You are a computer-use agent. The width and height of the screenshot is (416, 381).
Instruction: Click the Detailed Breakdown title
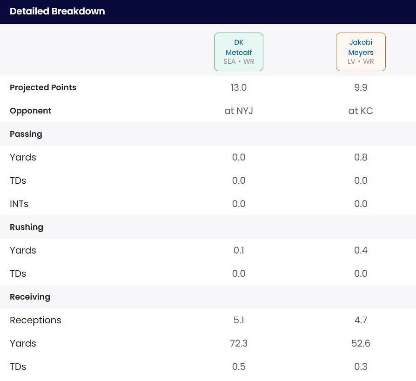pos(57,11)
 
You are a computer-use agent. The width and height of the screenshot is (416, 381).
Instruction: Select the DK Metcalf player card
pos(239,52)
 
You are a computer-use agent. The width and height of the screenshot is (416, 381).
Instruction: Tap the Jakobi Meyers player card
pos(361,52)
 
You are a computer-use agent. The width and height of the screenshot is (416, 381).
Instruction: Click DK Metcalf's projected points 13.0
pos(239,87)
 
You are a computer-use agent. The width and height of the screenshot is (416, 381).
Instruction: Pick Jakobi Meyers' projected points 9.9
pos(361,87)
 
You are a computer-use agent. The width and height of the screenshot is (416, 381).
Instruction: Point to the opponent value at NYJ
pos(239,111)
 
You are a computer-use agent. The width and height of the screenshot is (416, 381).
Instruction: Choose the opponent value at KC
pos(361,111)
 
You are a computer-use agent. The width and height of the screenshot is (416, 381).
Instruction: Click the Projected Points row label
pos(43,87)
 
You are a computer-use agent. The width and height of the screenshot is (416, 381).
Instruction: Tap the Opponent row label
pos(30,111)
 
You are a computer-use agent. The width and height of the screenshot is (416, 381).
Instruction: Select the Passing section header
pos(26,134)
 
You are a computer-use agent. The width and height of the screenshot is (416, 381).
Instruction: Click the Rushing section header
pos(27,227)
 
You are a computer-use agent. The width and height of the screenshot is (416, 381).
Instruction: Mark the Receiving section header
pos(30,297)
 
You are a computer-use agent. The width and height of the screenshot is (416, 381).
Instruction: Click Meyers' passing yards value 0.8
pos(361,157)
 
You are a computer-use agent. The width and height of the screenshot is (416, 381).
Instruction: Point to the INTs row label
pos(19,204)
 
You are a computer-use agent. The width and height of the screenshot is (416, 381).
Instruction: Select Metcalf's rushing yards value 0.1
pos(239,250)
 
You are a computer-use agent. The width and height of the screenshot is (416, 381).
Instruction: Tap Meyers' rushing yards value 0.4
pos(361,250)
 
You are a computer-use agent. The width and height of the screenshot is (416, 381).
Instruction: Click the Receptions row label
pos(35,320)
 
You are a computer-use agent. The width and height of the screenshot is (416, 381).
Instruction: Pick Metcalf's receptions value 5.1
pos(239,320)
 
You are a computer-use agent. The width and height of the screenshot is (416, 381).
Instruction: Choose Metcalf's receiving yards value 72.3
pos(239,343)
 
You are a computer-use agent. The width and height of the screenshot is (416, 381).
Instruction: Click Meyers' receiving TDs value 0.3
pos(361,367)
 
